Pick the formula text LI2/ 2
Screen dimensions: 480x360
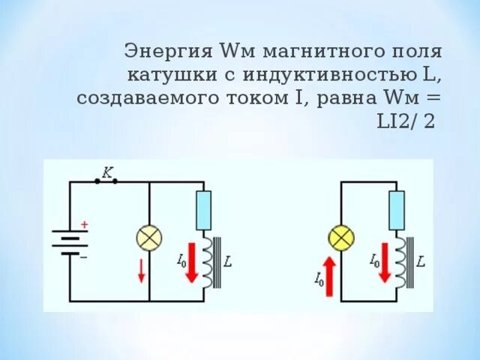(x=407, y=121)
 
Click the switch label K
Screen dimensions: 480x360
(x=106, y=172)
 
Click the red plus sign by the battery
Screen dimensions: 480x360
(x=84, y=224)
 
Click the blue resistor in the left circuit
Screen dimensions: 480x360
(x=203, y=210)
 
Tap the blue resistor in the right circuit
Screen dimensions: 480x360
(x=396, y=210)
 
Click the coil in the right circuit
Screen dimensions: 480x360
(x=406, y=261)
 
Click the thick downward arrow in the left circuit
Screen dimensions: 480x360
(x=191, y=261)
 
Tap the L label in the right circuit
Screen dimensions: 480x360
(x=421, y=262)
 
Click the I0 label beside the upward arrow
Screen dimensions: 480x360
(x=318, y=280)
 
